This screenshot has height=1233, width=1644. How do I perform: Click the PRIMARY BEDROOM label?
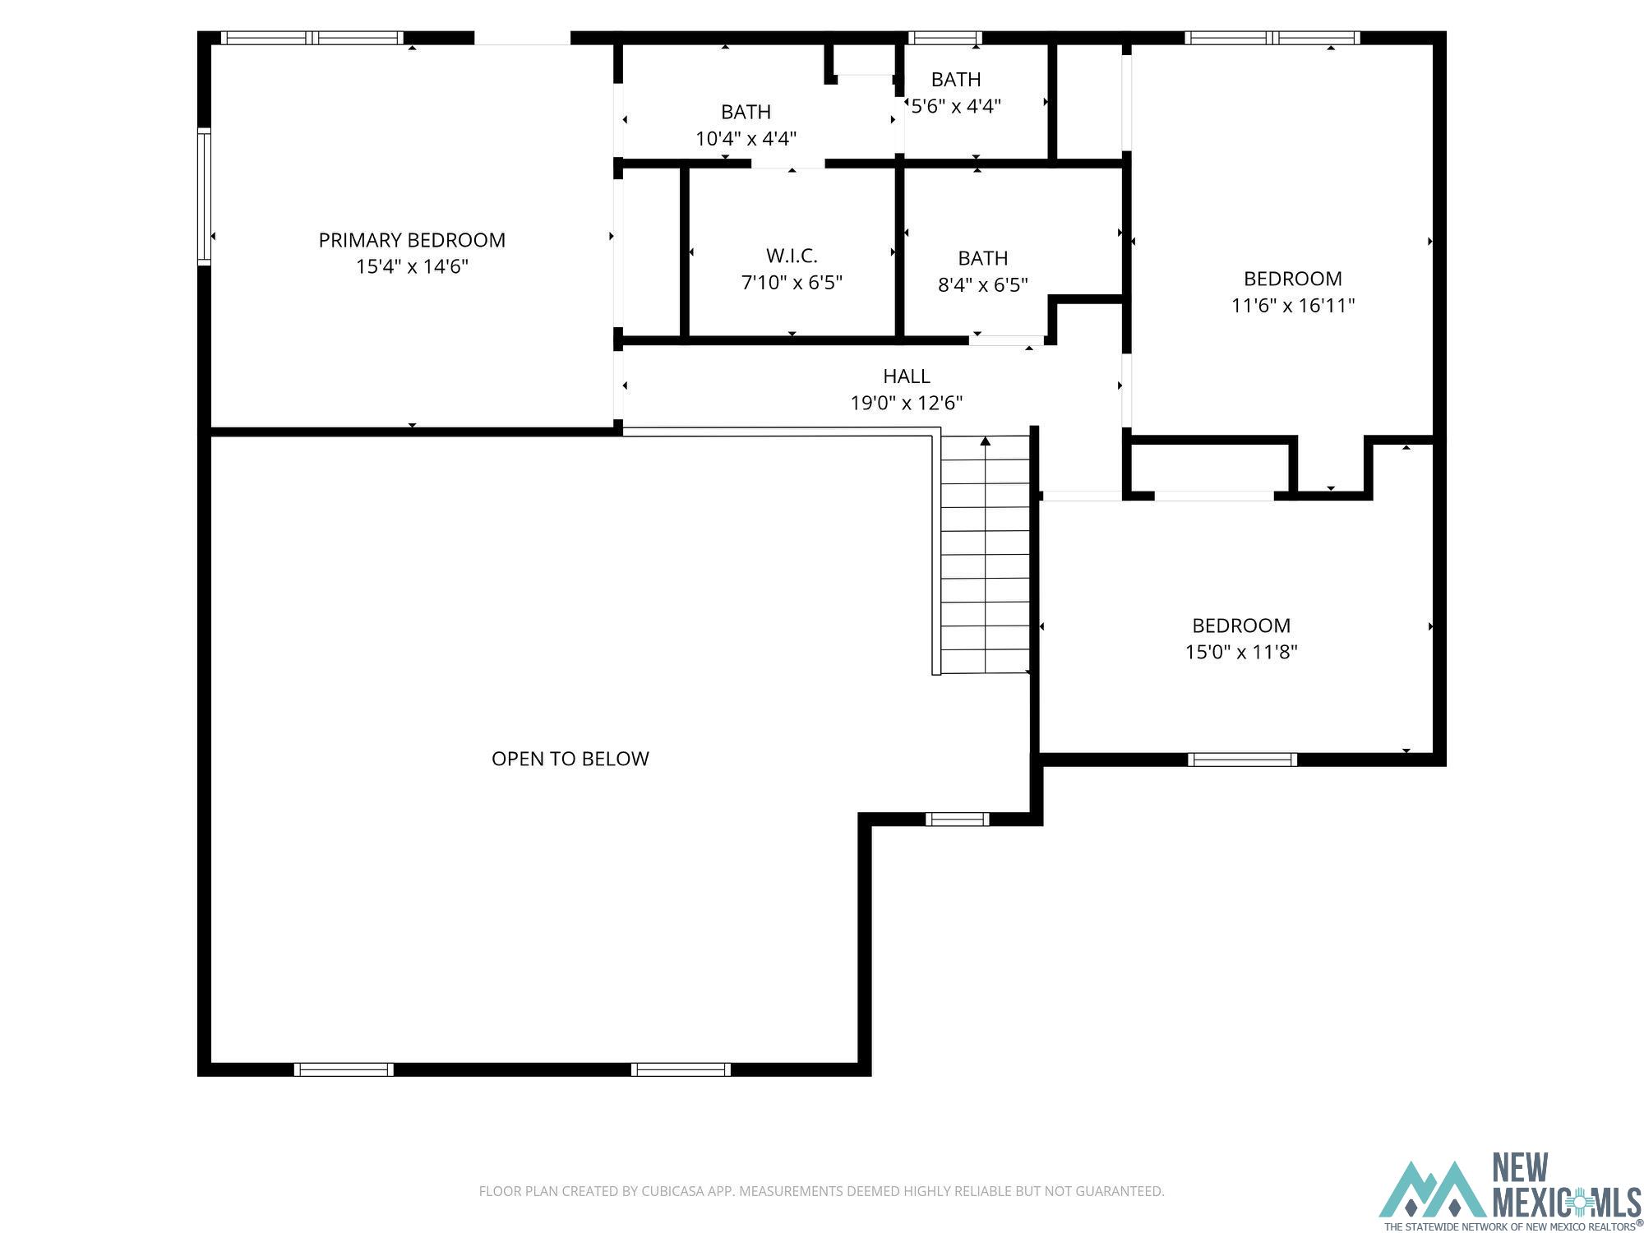[412, 240]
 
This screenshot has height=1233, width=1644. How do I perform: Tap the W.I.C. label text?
[792, 256]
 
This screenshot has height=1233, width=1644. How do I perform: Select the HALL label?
[907, 376]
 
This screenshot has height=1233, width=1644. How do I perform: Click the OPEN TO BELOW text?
[570, 759]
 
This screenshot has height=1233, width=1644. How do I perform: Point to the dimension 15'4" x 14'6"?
[412, 266]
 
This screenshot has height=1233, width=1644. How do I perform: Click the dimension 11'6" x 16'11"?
[1293, 305]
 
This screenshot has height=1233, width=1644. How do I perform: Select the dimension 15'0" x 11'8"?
[1241, 652]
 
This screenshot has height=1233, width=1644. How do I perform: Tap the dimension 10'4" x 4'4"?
[746, 138]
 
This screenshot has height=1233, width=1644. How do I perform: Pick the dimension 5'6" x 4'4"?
[956, 106]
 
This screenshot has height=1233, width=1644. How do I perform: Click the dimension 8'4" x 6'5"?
[983, 284]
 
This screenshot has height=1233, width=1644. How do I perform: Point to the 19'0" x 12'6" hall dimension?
[907, 403]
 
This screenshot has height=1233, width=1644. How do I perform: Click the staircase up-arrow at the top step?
[986, 441]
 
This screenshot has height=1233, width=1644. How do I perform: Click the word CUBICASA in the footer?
[677, 1191]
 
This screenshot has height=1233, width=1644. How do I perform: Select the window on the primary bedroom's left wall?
[204, 196]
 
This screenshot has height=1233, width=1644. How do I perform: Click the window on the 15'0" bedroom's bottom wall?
[1242, 760]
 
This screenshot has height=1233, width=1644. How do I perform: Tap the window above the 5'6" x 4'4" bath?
[944, 38]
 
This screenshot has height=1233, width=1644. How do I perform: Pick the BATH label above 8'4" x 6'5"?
[983, 258]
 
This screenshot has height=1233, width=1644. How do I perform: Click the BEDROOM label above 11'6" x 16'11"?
[1293, 279]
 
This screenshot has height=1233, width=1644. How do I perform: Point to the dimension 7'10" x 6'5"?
[792, 283]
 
